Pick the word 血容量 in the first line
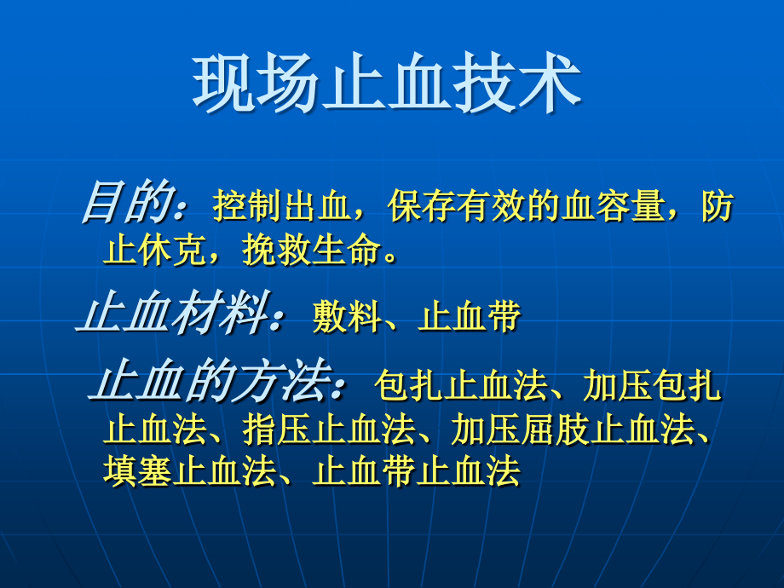[x=613, y=207]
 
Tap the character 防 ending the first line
[x=718, y=207]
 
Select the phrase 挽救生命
[x=312, y=251]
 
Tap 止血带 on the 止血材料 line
[x=470, y=317]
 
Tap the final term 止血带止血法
[x=417, y=472]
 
